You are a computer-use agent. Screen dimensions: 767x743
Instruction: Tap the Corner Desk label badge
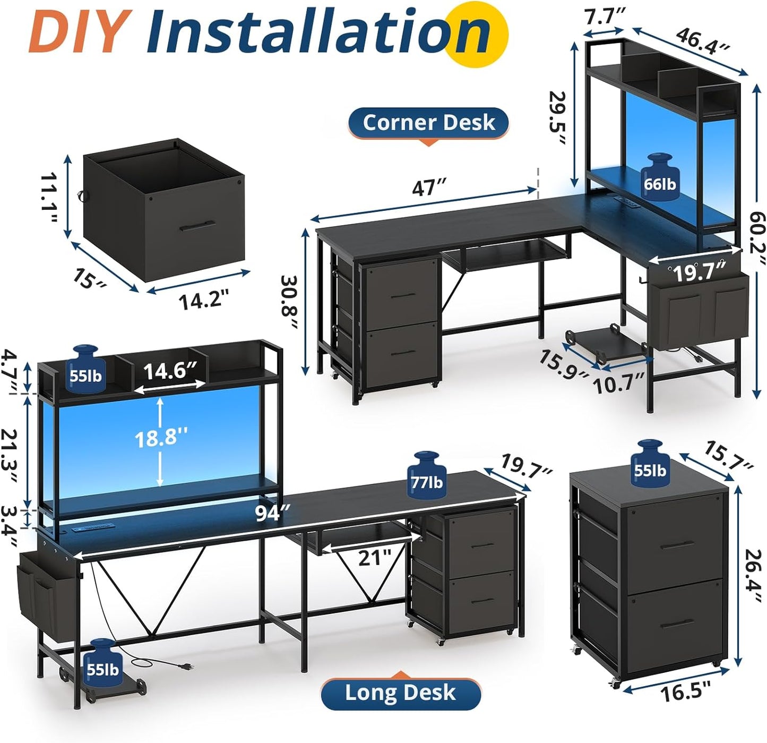click(428, 123)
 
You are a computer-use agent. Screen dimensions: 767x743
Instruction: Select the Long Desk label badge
click(400, 693)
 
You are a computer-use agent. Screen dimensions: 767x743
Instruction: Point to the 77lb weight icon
click(426, 475)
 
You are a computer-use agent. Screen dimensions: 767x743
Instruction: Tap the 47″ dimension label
click(429, 187)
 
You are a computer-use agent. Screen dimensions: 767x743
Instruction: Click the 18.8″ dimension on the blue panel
click(160, 439)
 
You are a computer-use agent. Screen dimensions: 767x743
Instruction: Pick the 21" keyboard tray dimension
click(374, 558)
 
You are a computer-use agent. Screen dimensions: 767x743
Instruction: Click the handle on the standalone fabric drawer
click(197, 226)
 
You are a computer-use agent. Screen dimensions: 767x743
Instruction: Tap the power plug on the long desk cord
click(185, 667)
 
